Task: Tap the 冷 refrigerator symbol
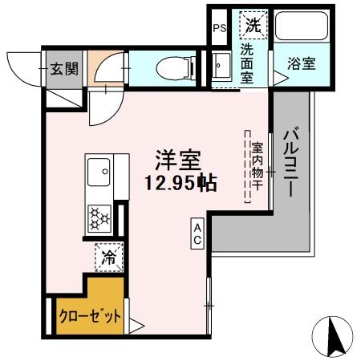coord(106,257)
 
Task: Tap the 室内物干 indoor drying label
coord(258,166)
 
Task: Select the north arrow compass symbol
coord(338,336)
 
